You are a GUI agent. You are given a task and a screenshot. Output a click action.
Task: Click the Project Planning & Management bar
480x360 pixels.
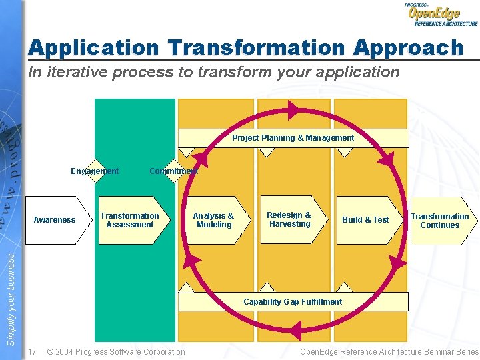[x=293, y=138]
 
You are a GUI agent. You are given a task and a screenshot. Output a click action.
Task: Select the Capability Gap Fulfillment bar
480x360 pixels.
[x=293, y=302]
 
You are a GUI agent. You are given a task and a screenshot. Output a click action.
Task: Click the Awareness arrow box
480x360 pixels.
[x=57, y=220]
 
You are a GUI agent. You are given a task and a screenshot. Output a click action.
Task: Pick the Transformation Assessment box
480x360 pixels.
[x=130, y=220]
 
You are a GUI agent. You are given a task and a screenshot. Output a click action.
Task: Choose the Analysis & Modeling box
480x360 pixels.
[x=213, y=220]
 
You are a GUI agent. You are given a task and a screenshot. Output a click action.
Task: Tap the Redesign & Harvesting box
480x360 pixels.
[x=289, y=219]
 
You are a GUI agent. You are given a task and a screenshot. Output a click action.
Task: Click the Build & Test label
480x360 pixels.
[x=365, y=220]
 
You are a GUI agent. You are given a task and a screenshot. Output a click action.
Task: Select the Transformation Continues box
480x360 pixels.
[x=441, y=221]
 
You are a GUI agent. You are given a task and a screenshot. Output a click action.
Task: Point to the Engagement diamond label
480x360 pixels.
[x=95, y=171]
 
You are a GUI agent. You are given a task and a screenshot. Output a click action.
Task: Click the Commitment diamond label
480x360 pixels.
[x=173, y=171]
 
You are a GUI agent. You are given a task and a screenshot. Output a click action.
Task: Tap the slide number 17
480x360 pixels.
[x=33, y=351]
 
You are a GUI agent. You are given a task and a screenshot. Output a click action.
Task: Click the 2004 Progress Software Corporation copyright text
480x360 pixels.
[x=116, y=351]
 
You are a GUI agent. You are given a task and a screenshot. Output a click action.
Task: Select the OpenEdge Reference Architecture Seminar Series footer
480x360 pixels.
[x=389, y=351]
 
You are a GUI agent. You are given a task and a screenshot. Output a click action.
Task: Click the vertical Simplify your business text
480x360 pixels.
[x=11, y=300]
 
